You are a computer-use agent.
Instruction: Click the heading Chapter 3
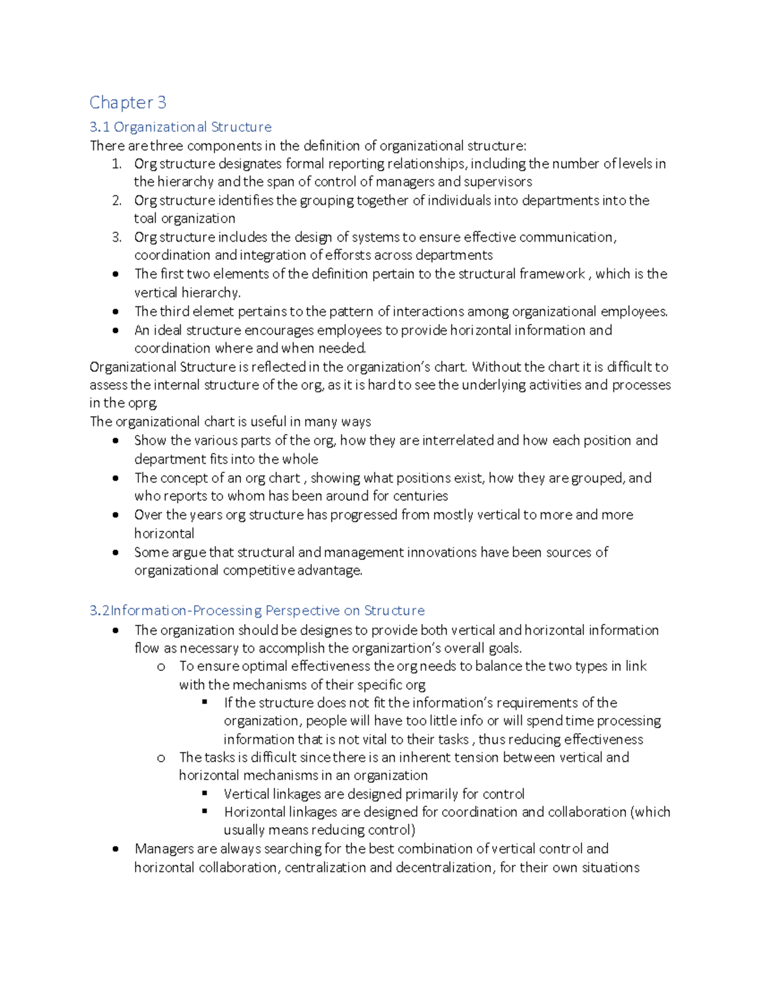click(127, 102)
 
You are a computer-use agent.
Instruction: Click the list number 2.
click(116, 200)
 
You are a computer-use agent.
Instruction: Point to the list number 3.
click(116, 237)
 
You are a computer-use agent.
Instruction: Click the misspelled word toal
click(146, 219)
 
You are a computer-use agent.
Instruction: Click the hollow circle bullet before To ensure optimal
click(161, 667)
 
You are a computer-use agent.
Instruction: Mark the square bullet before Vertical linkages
click(205, 793)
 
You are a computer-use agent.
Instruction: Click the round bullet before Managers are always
click(115, 849)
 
